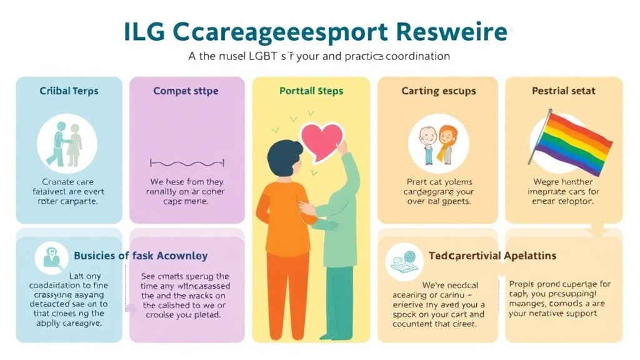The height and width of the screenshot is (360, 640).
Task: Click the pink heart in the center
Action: [x=321, y=139]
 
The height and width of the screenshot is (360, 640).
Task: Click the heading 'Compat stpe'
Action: [x=186, y=91]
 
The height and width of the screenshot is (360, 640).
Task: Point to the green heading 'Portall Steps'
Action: [x=311, y=91]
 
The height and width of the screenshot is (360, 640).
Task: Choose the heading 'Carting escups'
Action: [x=439, y=91]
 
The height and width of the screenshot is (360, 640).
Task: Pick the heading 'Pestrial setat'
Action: [x=563, y=91]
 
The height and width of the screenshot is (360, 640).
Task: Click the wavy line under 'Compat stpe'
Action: [x=186, y=164]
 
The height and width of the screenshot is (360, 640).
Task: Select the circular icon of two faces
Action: [x=438, y=143]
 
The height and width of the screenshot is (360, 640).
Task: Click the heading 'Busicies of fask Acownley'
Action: [x=141, y=256]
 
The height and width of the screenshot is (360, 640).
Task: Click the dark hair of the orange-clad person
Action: [x=284, y=153]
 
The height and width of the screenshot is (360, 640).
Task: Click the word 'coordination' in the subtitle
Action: [x=418, y=56]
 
